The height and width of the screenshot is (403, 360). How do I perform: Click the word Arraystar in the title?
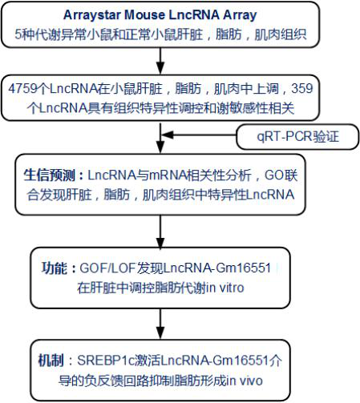pyautogui.click(x=92, y=15)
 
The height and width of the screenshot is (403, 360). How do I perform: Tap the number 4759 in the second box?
pyautogui.click(x=22, y=89)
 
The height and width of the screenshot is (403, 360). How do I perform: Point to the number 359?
pyautogui.click(x=301, y=89)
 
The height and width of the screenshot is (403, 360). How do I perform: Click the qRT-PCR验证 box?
pyautogui.click(x=297, y=136)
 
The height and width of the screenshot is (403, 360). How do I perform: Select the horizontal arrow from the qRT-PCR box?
pyautogui.click(x=198, y=135)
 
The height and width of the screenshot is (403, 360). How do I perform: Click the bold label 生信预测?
pyautogui.click(x=50, y=175)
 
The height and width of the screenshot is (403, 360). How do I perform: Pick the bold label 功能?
pyautogui.click(x=55, y=268)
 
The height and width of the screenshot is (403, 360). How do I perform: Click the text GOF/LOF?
pyautogui.click(x=107, y=268)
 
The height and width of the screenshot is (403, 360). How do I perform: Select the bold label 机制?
pyautogui.click(x=51, y=361)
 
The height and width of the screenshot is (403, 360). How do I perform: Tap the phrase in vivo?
pyautogui.click(x=245, y=381)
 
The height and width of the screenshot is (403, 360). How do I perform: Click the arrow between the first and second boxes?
pyautogui.click(x=160, y=61)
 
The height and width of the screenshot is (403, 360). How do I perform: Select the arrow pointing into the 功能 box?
pyautogui.click(x=160, y=232)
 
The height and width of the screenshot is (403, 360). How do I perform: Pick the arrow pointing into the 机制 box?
pyautogui.click(x=160, y=324)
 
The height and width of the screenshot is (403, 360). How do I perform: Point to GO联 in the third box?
pyautogui.click(x=281, y=175)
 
